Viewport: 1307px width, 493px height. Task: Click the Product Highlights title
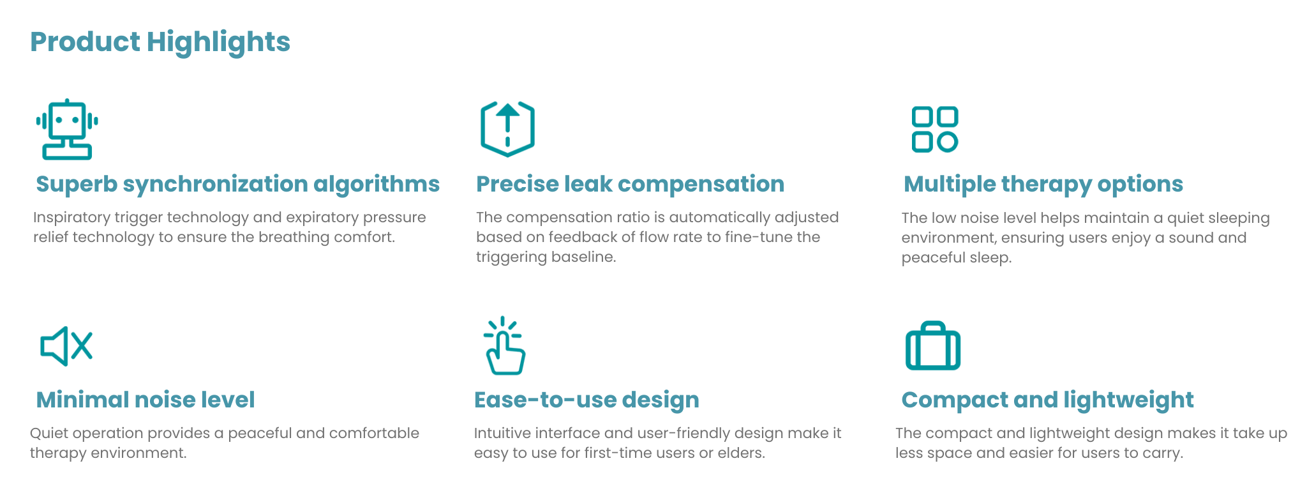click(x=160, y=42)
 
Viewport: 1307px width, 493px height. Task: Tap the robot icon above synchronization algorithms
click(x=67, y=129)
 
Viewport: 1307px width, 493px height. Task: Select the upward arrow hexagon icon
click(x=507, y=128)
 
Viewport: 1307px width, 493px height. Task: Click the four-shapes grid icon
click(x=935, y=129)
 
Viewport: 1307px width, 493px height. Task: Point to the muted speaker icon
click(x=66, y=347)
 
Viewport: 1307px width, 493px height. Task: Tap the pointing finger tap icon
click(x=504, y=345)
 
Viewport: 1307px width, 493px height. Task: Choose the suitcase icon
click(x=933, y=345)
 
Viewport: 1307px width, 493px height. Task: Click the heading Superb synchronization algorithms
click(x=238, y=184)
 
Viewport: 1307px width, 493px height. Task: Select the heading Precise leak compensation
click(x=631, y=184)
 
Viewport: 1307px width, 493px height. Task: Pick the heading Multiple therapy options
click(x=1043, y=184)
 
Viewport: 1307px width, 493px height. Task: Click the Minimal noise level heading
click(x=146, y=400)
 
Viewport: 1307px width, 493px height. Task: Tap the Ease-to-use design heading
click(x=586, y=400)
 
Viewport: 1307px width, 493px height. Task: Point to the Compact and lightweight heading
click(x=1047, y=400)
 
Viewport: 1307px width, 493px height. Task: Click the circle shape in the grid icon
click(x=948, y=142)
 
